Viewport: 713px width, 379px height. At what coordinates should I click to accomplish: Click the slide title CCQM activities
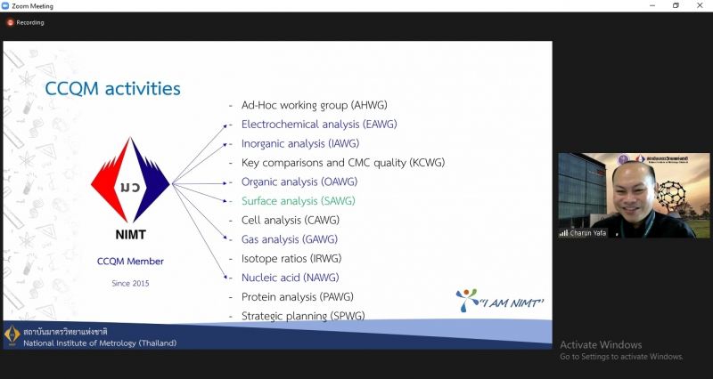(x=112, y=88)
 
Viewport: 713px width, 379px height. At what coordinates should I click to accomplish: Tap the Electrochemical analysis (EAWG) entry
(x=318, y=124)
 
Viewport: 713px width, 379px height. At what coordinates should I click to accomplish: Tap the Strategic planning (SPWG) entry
(x=303, y=316)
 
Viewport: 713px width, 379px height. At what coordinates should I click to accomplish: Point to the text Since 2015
(x=130, y=283)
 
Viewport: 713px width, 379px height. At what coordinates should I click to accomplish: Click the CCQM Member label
(x=130, y=262)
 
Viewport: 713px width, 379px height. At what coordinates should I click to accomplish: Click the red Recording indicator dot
(x=11, y=22)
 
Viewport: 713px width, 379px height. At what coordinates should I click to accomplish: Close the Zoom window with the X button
(x=699, y=5)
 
